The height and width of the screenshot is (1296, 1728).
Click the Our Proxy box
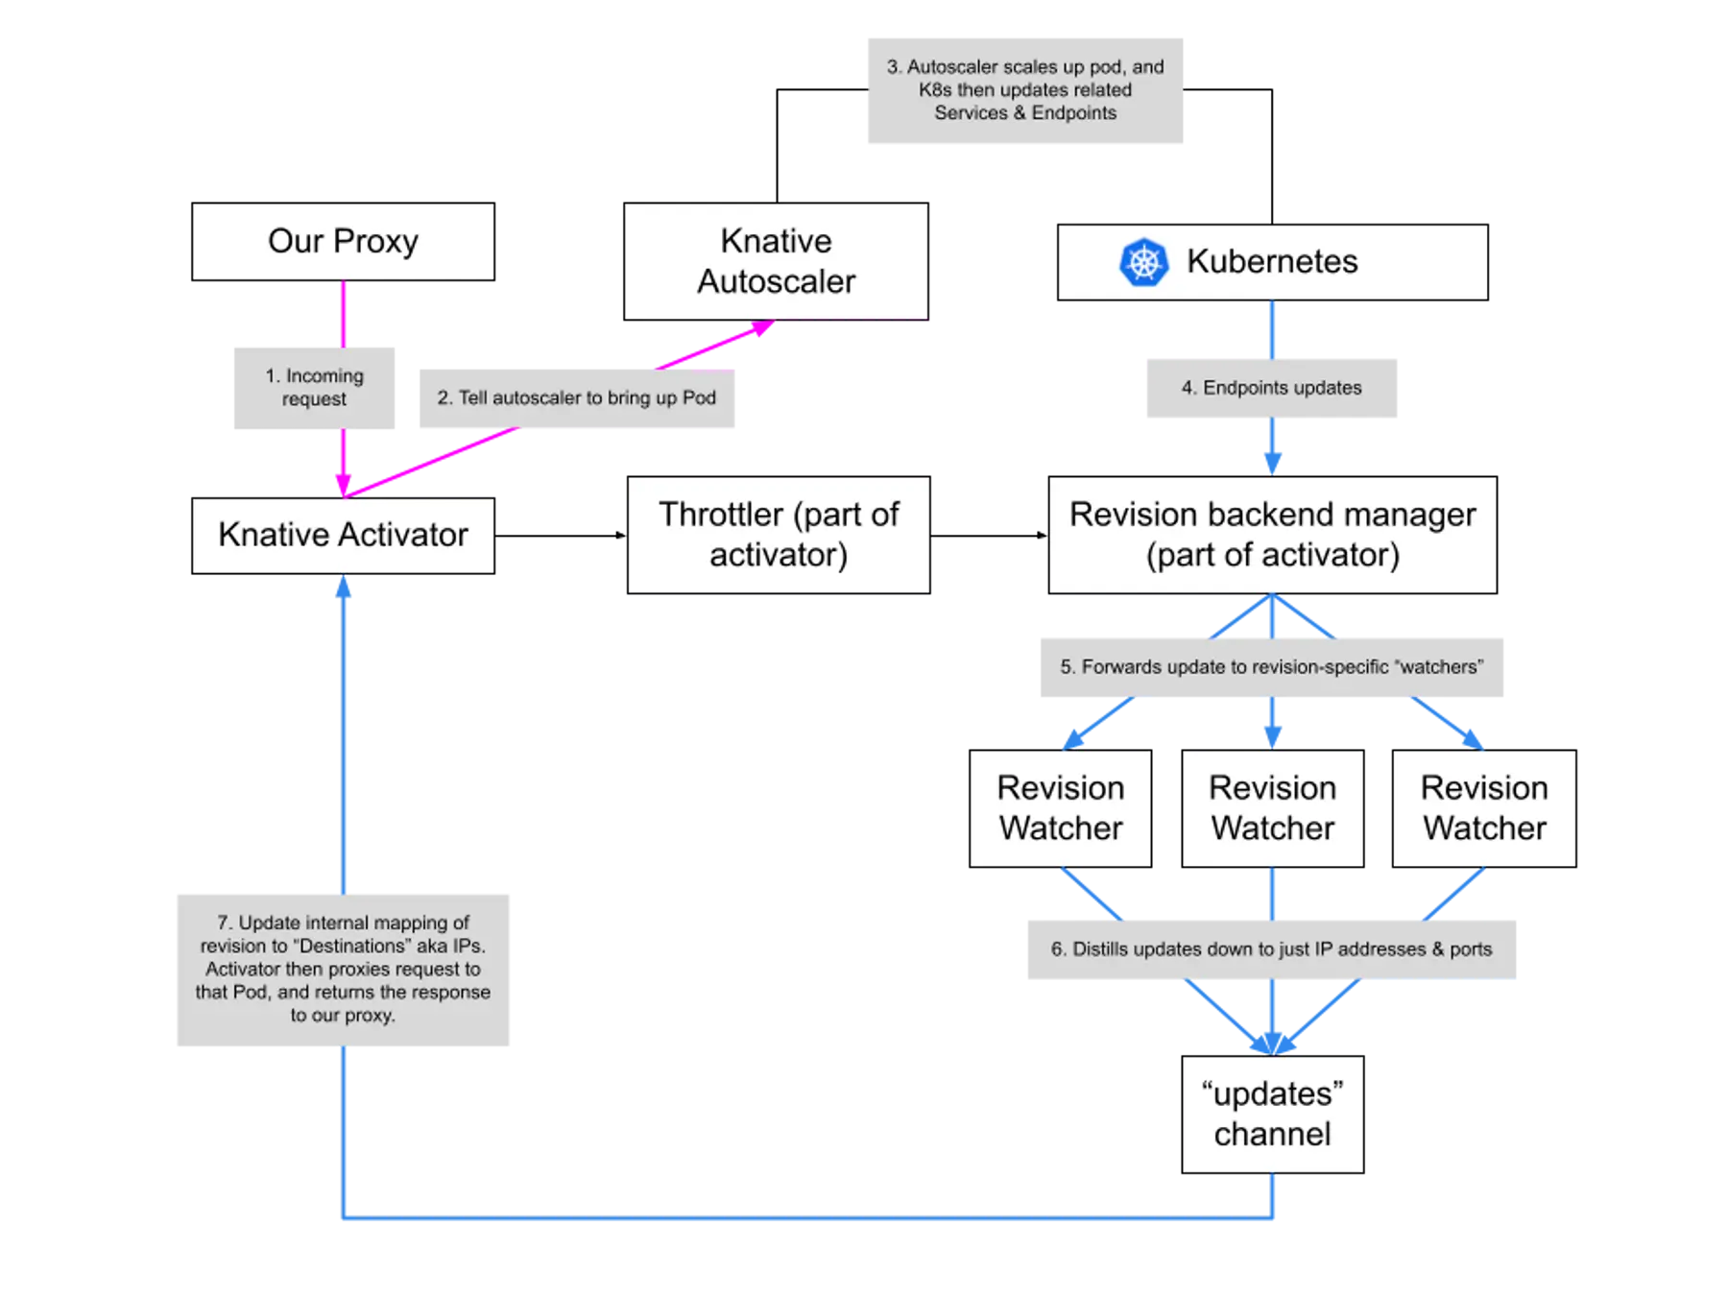coord(344,241)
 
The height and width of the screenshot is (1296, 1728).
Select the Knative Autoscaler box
coord(776,261)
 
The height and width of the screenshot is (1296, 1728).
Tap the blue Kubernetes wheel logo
coord(1143,262)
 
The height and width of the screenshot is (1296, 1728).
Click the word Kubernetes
coord(1272,262)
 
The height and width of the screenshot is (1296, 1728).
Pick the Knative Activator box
coord(344,535)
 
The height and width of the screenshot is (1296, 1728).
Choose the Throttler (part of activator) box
coord(779,535)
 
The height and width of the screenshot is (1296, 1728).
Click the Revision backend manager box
coord(1272,535)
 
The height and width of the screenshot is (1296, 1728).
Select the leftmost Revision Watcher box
coord(1060,807)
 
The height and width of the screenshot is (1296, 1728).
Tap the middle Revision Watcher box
coord(1272,807)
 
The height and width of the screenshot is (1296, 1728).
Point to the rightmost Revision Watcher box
coord(1484,807)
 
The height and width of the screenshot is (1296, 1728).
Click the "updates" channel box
coord(1272,1114)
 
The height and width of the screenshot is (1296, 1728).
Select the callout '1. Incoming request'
coord(315,389)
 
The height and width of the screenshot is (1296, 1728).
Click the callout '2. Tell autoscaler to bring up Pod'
coord(576,397)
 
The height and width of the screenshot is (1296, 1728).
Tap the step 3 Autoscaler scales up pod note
coord(1024,89)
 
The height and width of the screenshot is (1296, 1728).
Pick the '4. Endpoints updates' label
coord(1271,388)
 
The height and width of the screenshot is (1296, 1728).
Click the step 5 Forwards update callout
coord(1271,666)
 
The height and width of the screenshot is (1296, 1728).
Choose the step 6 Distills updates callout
coord(1271,948)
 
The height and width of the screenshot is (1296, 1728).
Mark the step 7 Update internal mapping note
coord(343,970)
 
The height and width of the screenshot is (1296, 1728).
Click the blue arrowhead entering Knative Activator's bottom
coord(343,588)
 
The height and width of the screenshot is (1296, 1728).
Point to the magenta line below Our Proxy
coord(344,313)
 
